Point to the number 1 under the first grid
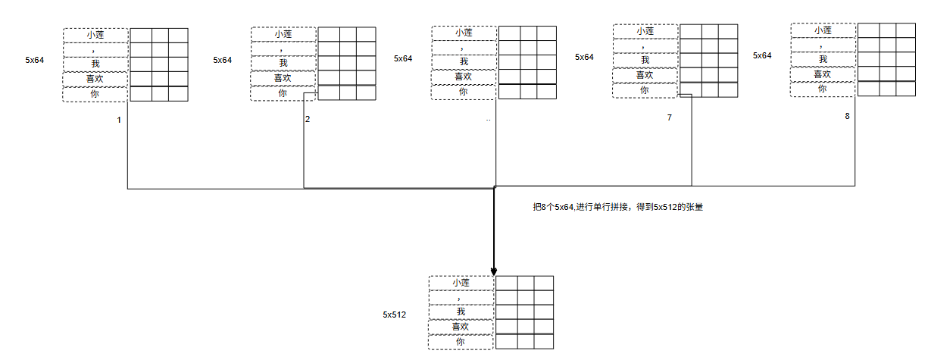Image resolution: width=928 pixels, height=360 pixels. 119,121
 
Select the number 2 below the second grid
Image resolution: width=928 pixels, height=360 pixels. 308,120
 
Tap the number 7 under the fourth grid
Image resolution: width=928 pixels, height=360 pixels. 670,118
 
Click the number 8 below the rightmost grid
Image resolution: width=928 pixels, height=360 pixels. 847,116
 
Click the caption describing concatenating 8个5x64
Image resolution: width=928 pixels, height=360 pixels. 618,207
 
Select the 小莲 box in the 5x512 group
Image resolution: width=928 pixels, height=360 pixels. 461,283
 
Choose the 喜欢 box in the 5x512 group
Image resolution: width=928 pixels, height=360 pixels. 461,327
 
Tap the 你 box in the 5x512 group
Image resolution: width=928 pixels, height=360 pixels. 461,342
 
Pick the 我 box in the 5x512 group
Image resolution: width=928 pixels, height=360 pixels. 461,311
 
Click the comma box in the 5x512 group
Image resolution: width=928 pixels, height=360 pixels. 461,297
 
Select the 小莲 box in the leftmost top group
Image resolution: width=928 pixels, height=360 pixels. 95,34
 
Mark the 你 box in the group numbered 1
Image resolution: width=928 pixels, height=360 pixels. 95,94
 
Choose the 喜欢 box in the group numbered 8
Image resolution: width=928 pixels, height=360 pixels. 823,74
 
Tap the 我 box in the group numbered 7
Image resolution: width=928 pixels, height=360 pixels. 645,60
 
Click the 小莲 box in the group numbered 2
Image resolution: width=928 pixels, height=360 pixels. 283,34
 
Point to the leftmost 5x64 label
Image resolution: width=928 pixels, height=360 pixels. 35,59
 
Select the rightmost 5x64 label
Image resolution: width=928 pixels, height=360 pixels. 762,55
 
